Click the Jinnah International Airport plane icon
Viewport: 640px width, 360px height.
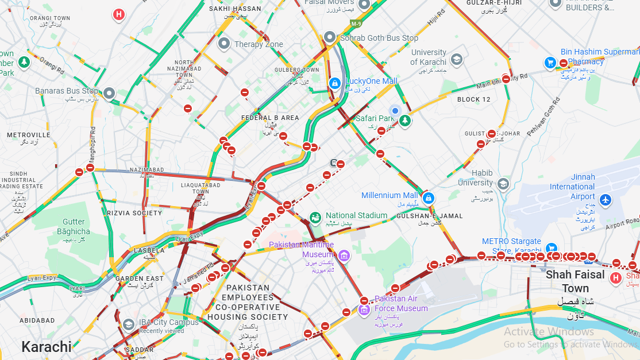coord(606,200)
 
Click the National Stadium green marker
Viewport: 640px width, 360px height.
coord(315,218)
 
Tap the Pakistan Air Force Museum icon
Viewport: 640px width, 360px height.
coord(364,311)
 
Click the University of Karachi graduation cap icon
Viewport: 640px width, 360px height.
coord(456,59)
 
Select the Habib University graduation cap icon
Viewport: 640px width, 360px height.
coord(503,184)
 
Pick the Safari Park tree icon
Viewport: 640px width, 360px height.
coord(406,121)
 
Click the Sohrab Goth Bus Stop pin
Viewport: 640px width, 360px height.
coord(330,37)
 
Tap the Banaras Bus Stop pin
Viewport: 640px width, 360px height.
coord(109,92)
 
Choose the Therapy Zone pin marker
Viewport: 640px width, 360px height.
coord(224,43)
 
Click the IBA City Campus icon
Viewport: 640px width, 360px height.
coord(129,324)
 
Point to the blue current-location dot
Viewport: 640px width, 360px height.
coord(395,110)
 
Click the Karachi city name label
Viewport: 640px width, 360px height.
coord(47,347)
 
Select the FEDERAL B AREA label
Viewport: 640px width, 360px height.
coord(271,118)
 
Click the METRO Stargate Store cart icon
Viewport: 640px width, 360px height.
coord(550,248)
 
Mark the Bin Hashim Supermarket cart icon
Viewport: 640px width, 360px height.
coord(550,62)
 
